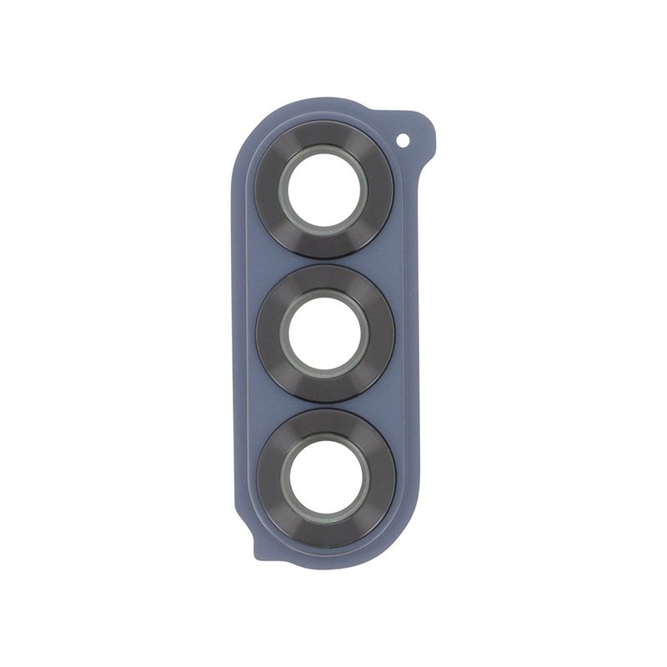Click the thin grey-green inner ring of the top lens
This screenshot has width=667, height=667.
point(323,153)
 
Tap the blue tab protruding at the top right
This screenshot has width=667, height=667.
point(417,133)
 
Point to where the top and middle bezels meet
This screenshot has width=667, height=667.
point(324,261)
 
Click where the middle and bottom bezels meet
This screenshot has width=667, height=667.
point(325,405)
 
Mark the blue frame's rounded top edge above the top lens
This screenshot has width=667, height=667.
point(317,110)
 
